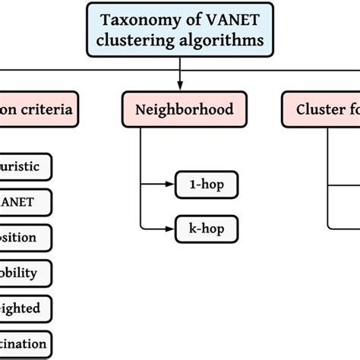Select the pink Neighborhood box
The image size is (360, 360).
click(180, 109)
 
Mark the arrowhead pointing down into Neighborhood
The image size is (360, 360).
click(180, 87)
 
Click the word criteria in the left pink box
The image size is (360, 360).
click(48, 109)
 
